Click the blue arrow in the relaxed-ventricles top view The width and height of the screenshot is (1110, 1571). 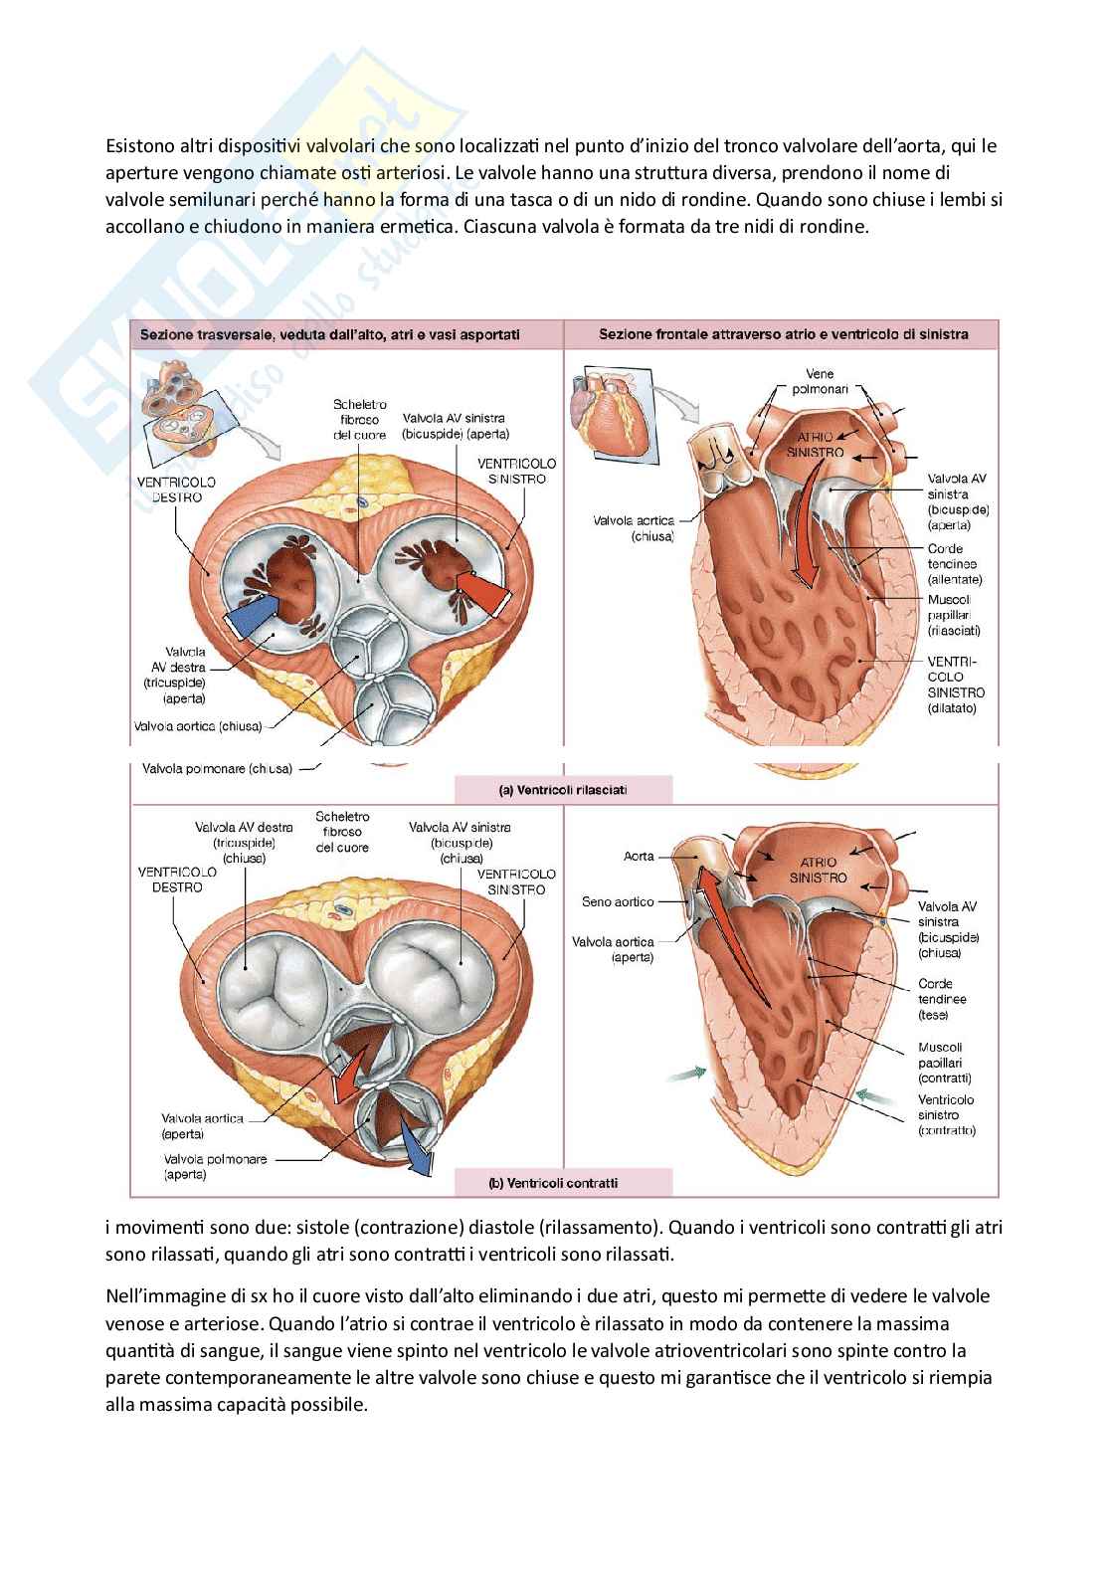coord(249,623)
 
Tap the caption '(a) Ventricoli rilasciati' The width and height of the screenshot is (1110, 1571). coord(562,791)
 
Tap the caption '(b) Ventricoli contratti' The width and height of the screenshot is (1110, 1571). coord(562,1183)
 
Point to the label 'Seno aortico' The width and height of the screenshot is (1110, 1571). coord(618,901)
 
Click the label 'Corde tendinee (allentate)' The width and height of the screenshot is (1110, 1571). coord(953,563)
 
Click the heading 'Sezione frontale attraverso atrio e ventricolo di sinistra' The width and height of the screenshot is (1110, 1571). coord(783,334)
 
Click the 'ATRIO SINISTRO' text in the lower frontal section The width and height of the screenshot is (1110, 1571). coord(818,870)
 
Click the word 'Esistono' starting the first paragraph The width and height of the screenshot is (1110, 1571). coord(138,146)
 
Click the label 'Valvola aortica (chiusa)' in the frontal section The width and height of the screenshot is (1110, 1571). coord(634,528)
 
